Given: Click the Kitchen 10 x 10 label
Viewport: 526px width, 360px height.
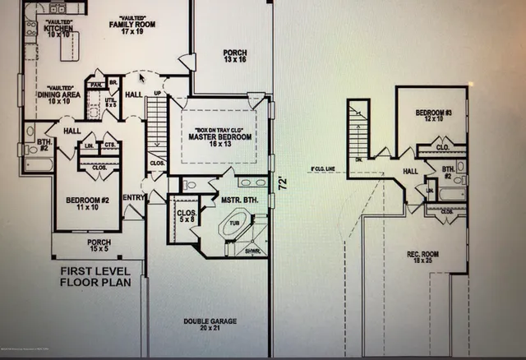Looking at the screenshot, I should [x=59, y=30].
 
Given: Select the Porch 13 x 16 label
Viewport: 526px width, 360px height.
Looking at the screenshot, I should [x=235, y=58].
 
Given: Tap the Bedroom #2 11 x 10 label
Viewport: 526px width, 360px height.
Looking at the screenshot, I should [x=89, y=204].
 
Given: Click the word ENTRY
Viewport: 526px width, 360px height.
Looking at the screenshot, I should [x=134, y=197].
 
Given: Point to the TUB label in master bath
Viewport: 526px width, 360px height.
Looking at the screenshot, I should [x=235, y=222].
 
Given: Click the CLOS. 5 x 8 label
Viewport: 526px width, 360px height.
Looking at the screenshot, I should [x=186, y=217].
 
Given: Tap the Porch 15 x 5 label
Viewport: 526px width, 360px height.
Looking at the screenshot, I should [x=99, y=247].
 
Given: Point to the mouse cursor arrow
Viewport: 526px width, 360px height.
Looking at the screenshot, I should [x=141, y=77].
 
